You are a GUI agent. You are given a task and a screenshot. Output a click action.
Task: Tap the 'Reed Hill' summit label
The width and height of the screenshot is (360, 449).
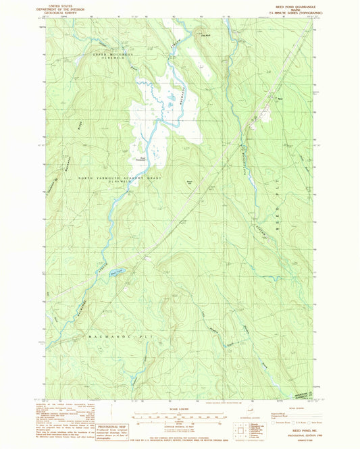(189, 182)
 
